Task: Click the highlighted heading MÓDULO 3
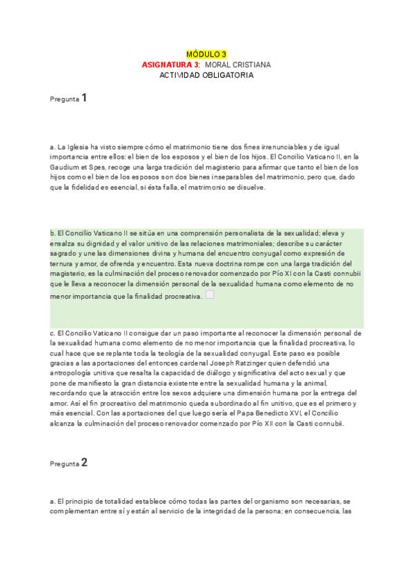206,54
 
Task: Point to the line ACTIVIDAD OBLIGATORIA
206,75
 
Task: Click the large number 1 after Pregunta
84,98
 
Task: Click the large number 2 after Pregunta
84,463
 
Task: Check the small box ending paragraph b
210,295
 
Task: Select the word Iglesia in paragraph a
79,147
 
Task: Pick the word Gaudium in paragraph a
66,167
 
